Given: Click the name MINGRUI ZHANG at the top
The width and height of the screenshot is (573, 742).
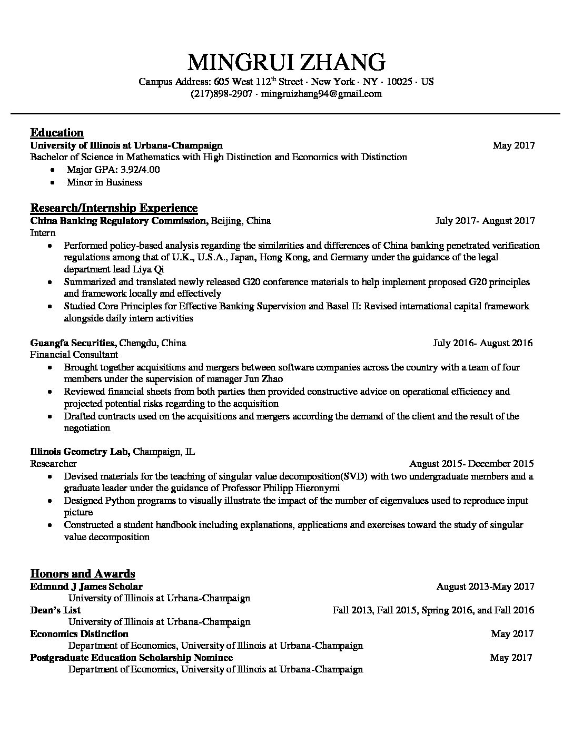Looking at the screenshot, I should coord(286,62).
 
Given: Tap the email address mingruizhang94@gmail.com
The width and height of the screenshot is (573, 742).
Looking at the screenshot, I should coord(321,94).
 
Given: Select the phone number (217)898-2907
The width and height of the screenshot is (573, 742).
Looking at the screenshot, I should coord(221,94).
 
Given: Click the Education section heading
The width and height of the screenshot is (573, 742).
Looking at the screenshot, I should coord(57,132).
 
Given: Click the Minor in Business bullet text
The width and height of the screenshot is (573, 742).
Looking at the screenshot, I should coord(104,182).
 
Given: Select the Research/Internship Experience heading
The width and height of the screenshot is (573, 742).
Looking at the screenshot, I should coord(114,208).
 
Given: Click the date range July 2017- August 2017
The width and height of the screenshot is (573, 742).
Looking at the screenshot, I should coord(485,221).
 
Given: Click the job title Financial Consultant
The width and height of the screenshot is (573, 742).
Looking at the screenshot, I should coord(74,355).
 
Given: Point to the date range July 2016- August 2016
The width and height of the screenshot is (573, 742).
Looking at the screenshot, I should coord(482,343).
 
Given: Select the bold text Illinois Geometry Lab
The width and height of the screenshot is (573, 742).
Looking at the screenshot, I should coord(80,452).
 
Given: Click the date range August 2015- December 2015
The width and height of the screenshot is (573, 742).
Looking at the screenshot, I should coord(471,464).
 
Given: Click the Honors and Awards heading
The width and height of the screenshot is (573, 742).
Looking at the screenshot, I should coord(83,573).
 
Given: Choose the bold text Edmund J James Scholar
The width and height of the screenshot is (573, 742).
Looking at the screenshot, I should coord(86,587).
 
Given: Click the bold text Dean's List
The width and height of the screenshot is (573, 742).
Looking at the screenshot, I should coord(55,610).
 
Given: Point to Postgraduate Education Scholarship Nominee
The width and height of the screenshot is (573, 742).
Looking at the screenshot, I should coord(131,658).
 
